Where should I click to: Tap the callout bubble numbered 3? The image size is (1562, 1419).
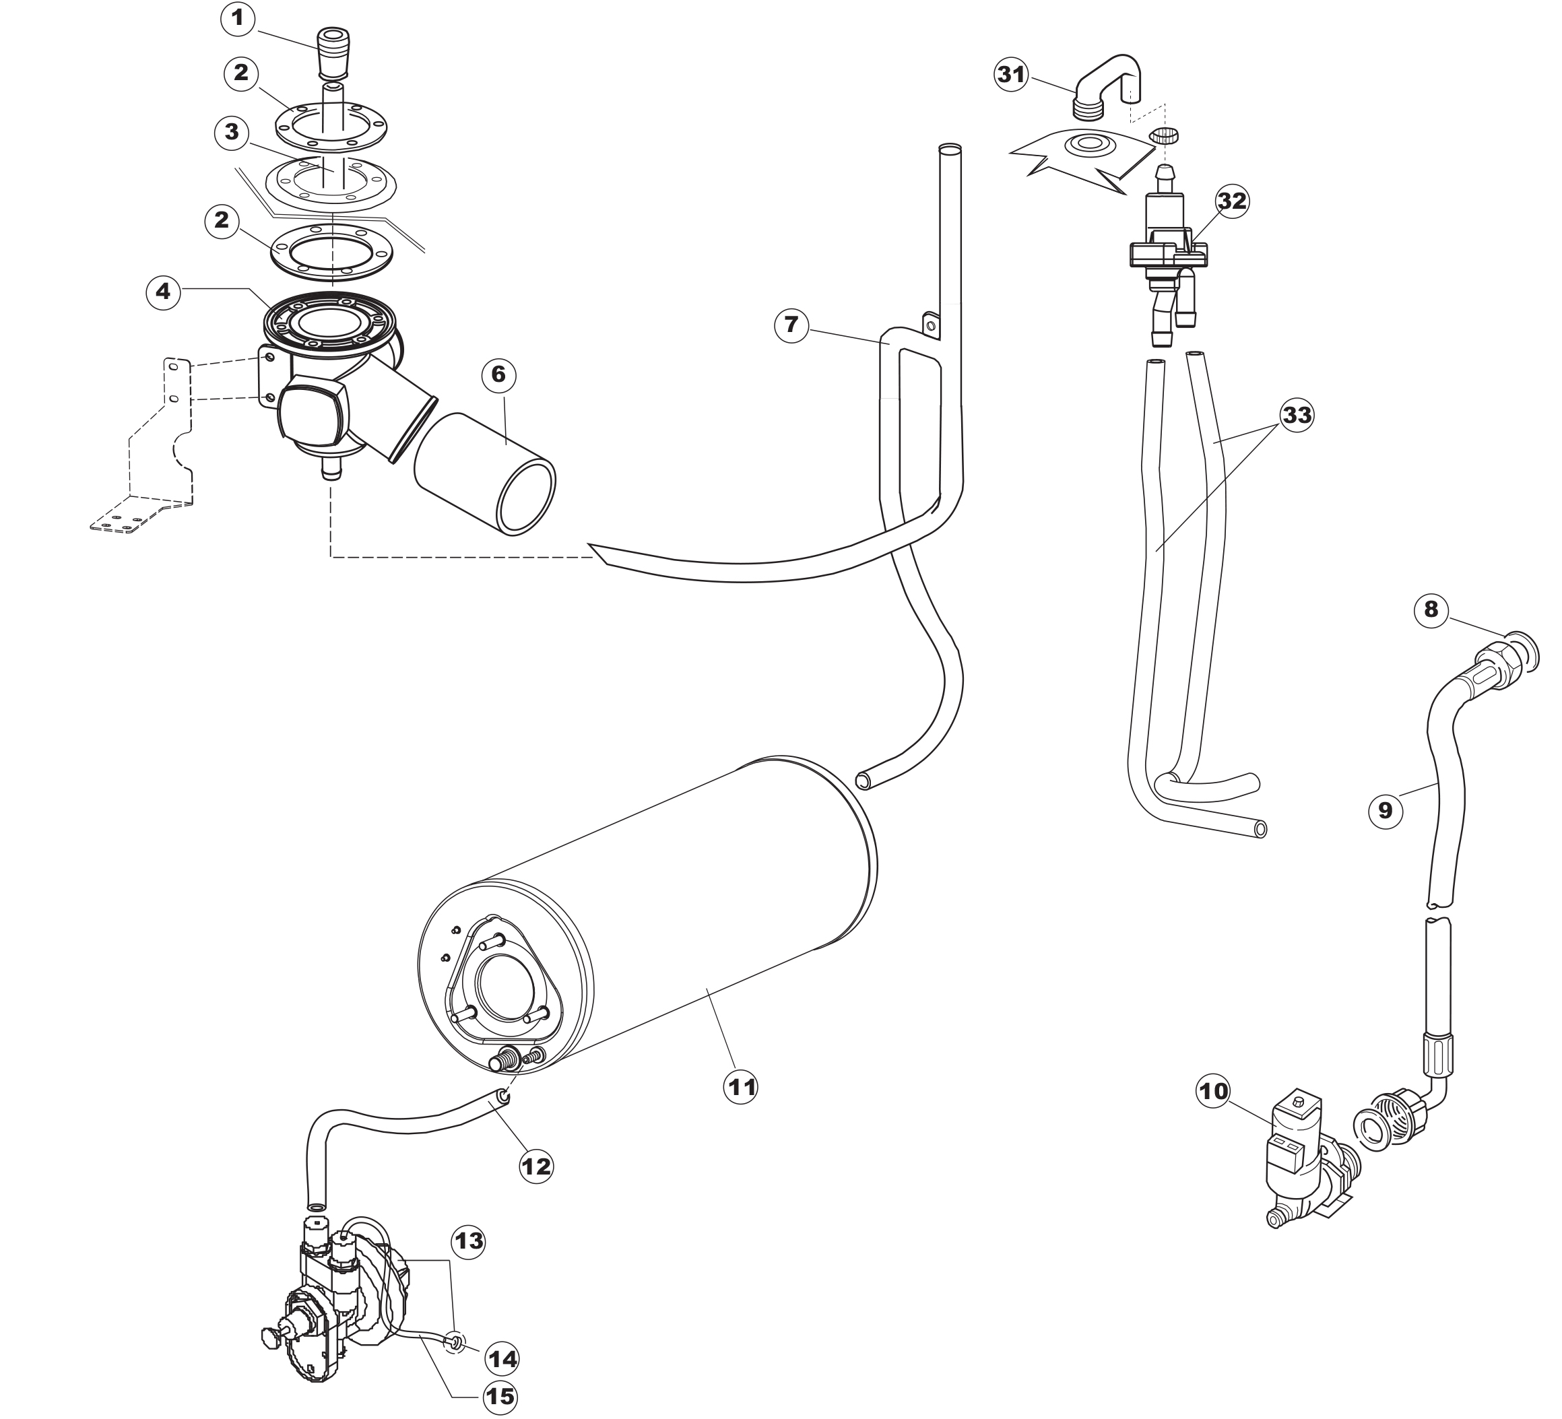point(232,132)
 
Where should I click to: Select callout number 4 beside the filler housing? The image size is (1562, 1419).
point(163,291)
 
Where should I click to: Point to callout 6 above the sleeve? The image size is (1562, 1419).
point(498,375)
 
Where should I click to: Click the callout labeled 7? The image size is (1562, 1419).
point(791,324)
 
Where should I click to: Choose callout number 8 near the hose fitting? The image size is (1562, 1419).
point(1430,609)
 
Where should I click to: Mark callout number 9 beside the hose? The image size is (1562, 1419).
point(1386,810)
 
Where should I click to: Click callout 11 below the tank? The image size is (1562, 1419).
point(741,1088)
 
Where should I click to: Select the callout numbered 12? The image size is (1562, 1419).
point(536,1166)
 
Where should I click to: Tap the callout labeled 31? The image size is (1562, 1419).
point(1011,75)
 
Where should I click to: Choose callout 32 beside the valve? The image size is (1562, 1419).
point(1232,201)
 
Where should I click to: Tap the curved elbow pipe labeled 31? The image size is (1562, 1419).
point(1105,81)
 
